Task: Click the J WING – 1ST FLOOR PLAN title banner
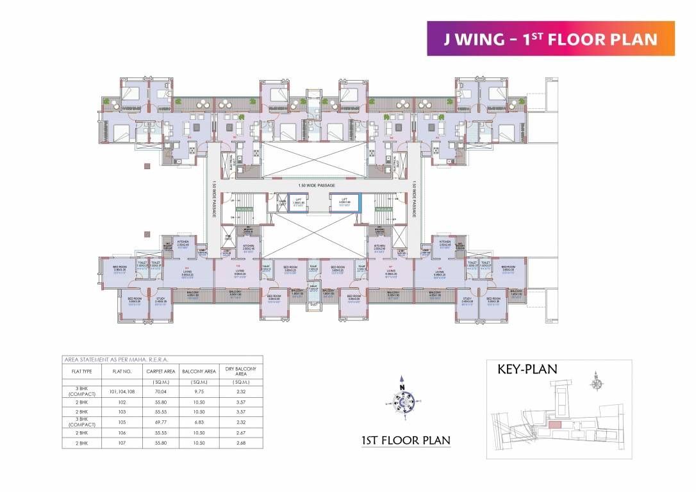click(551, 38)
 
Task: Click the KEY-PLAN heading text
click(527, 369)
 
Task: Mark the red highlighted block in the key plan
click(554, 424)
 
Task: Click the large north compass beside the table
click(402, 398)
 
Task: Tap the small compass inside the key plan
click(597, 383)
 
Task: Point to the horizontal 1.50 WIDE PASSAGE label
click(317, 185)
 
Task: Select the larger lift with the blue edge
click(345, 202)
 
